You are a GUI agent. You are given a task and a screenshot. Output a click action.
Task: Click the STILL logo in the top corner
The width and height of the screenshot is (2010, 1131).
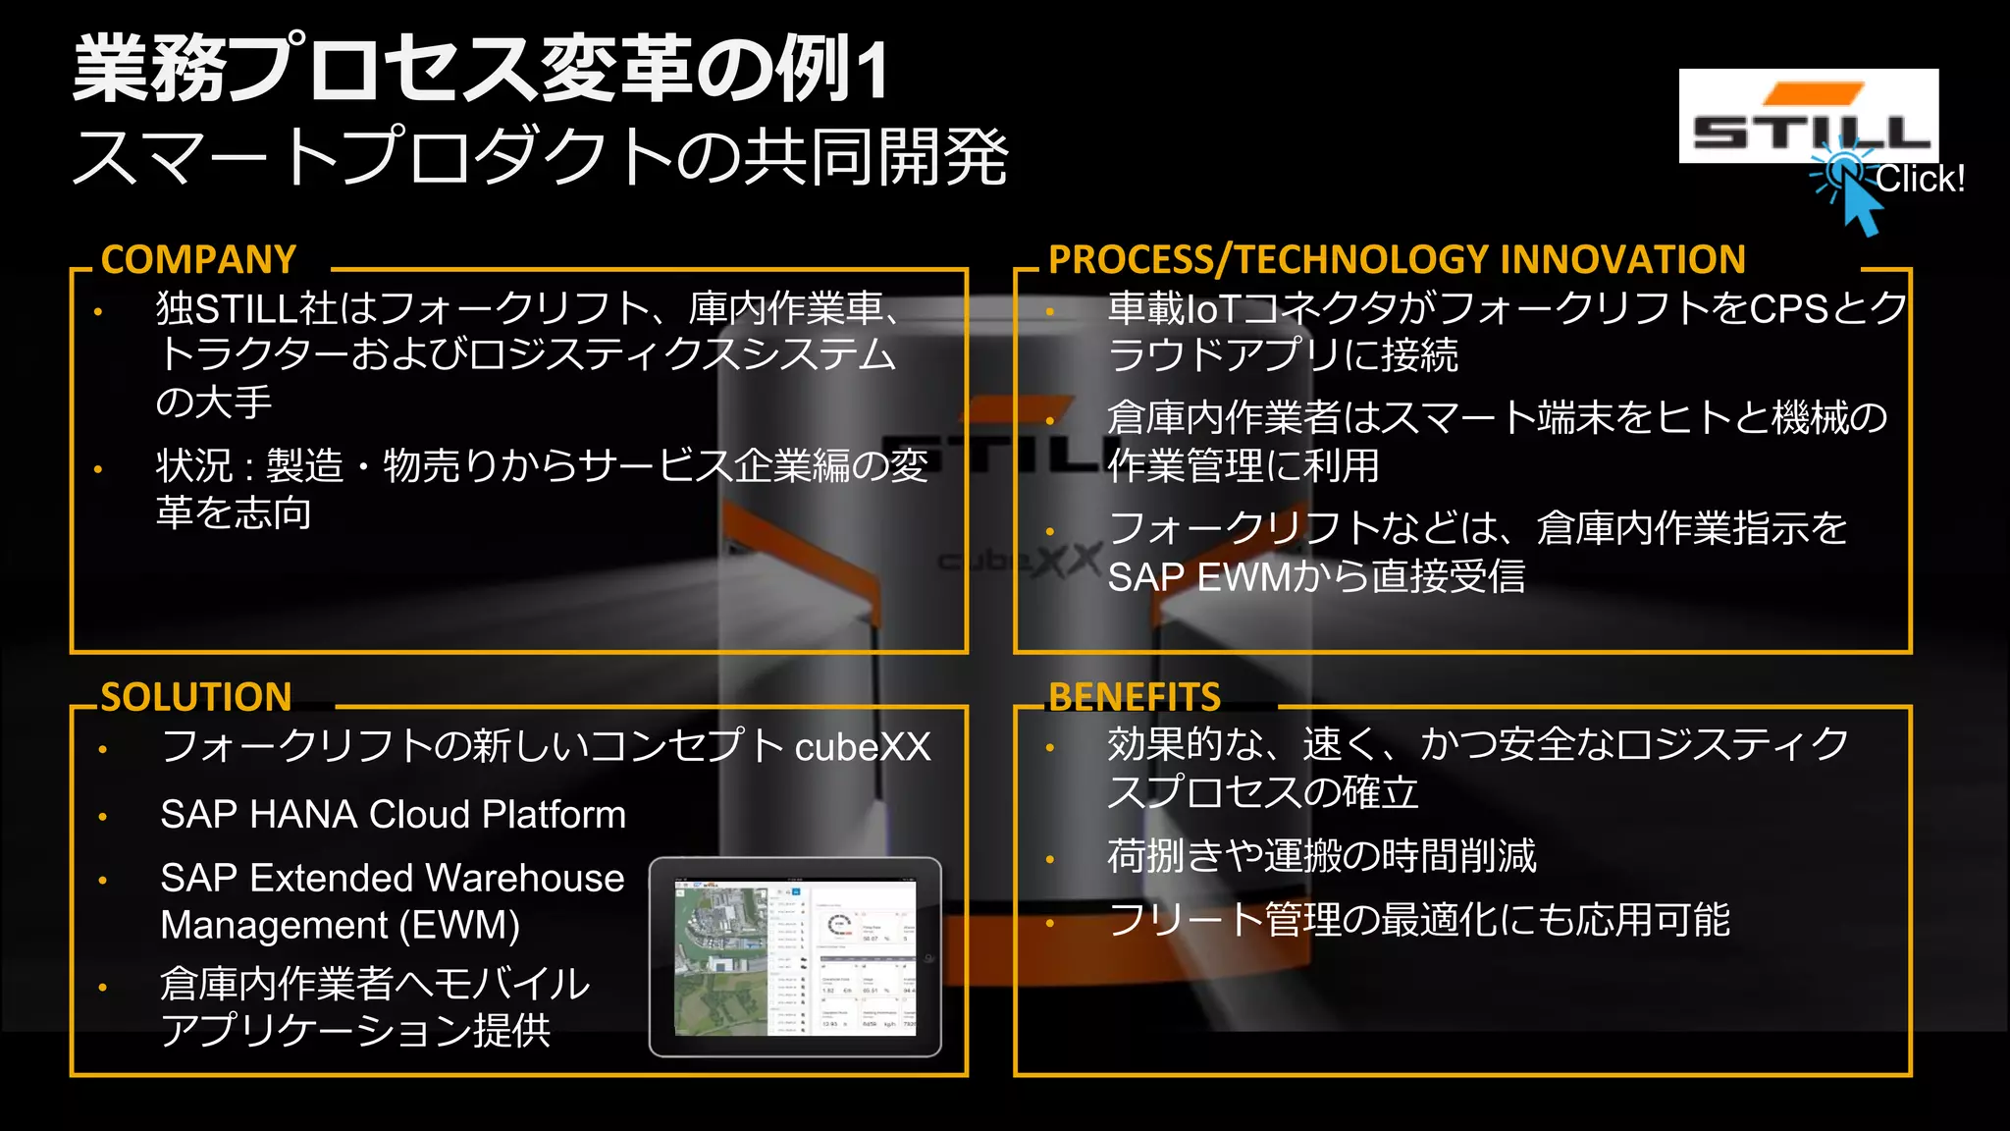click(1808, 115)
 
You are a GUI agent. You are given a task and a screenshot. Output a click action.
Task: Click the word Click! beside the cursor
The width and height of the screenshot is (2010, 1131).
click(1921, 180)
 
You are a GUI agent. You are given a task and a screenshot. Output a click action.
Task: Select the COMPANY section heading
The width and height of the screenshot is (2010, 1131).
click(199, 260)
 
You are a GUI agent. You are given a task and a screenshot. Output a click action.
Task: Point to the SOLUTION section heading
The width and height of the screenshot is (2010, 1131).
click(196, 697)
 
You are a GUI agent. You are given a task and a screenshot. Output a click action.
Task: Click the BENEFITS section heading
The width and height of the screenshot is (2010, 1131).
click(1135, 697)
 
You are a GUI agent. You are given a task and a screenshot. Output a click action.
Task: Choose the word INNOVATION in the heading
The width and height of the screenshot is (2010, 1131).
click(1623, 260)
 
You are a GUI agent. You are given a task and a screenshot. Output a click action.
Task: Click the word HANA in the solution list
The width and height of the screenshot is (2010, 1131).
click(303, 815)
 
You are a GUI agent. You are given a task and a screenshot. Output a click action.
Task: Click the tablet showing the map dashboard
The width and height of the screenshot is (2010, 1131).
click(795, 956)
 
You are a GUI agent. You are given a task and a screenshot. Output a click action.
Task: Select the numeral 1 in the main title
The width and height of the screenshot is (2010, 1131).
click(873, 71)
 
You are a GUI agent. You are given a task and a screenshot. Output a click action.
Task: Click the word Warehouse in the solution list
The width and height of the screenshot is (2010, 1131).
click(525, 878)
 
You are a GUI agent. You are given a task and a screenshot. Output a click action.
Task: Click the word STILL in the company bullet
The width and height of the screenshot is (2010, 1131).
click(245, 309)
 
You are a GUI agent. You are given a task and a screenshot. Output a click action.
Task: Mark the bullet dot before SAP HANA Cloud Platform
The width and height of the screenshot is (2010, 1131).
click(103, 817)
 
